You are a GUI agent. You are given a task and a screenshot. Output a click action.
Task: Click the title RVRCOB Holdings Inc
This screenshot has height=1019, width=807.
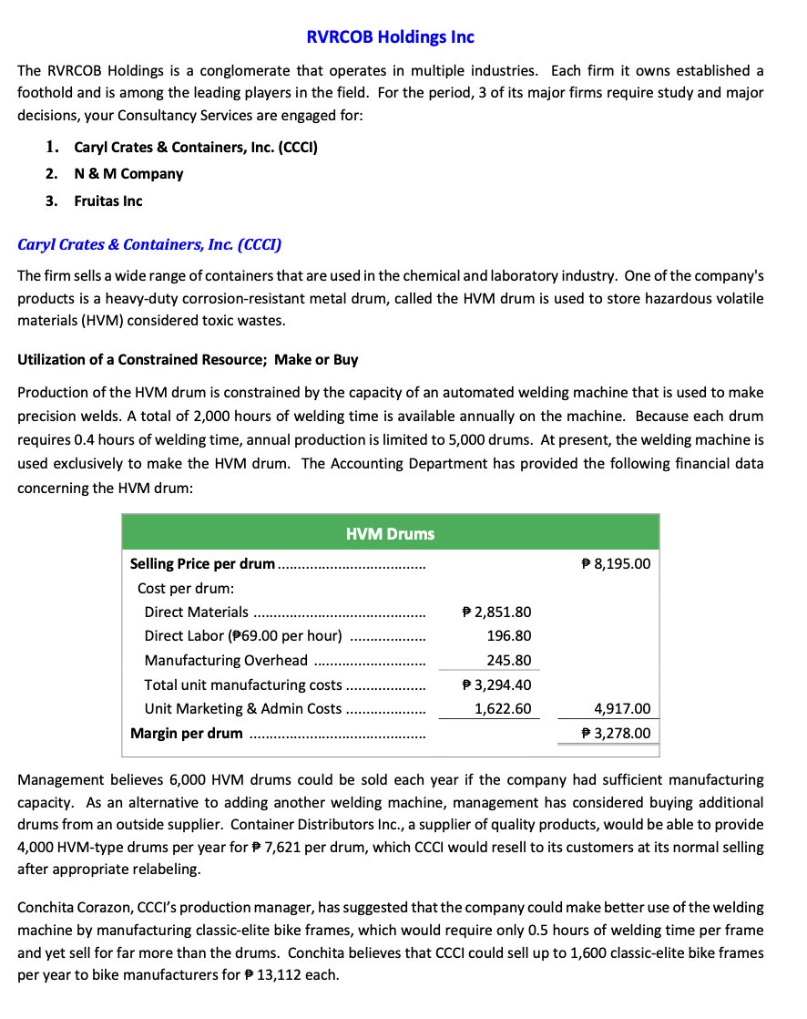point(390,37)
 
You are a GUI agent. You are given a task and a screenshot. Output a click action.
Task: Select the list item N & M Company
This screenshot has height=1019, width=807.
point(128,173)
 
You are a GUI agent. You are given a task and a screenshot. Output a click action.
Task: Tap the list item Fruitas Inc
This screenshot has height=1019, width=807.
point(108,201)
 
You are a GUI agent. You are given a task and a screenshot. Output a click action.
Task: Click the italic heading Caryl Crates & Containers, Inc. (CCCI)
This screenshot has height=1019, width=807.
point(149,244)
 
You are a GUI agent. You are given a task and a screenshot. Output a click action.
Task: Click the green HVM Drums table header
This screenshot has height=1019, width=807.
point(390,533)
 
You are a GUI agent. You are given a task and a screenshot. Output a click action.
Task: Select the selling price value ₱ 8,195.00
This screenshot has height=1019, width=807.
point(616,563)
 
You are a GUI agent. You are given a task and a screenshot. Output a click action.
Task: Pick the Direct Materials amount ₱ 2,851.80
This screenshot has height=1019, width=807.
point(497,612)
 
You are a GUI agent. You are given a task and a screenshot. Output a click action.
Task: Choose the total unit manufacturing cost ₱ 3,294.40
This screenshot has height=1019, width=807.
point(497,684)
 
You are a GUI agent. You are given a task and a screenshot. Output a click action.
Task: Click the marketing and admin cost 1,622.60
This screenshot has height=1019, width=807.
point(503,708)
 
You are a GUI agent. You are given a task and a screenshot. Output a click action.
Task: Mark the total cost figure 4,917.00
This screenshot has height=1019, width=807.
point(622,708)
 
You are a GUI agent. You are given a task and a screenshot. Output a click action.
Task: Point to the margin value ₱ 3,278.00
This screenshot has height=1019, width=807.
point(616,733)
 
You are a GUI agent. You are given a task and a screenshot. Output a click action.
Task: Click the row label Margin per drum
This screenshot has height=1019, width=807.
point(187,733)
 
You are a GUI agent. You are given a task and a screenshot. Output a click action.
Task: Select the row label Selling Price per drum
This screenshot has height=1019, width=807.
point(202,563)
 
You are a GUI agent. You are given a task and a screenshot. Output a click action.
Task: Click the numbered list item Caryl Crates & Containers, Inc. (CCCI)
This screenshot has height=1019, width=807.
point(195,147)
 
